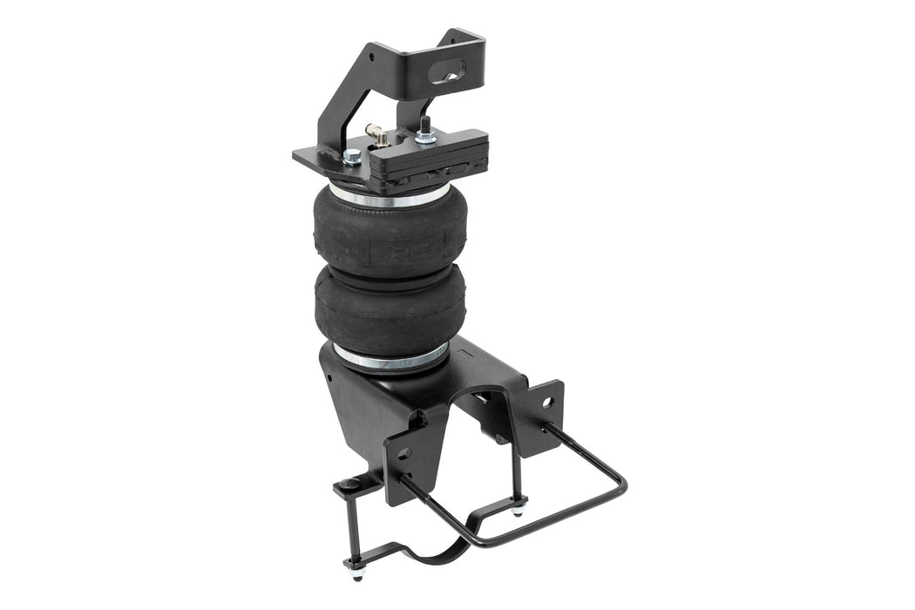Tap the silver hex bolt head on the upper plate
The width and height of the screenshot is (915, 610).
(351, 156)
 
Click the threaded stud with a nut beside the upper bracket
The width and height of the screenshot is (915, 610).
(427, 129)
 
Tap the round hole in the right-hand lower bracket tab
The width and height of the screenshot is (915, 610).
(546, 403)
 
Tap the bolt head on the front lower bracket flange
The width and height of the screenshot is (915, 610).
(403, 454)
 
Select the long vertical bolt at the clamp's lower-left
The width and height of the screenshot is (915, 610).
(352, 532)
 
